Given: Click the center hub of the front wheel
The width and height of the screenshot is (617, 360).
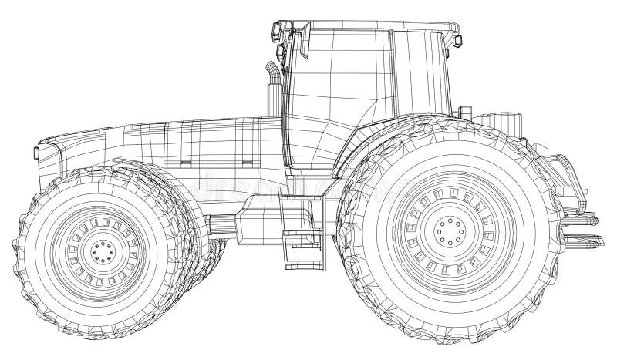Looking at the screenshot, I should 100,251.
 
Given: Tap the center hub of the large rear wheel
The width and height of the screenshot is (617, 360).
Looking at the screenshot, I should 445,229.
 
